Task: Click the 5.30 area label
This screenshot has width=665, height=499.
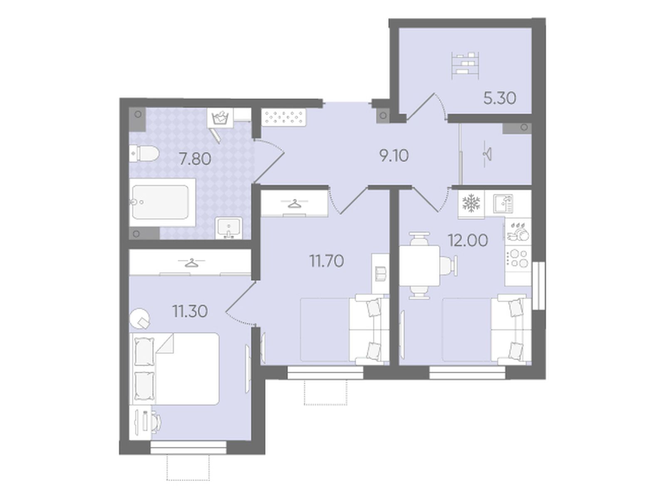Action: (499, 99)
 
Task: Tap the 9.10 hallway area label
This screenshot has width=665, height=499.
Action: (394, 156)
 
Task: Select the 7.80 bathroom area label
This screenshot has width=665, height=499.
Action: (195, 159)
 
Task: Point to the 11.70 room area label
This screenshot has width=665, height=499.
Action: (326, 261)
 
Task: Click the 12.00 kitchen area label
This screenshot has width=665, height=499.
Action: (468, 241)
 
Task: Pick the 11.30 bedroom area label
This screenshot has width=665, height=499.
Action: (190, 311)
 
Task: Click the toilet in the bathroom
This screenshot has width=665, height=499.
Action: (144, 154)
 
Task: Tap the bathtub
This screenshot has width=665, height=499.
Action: (162, 202)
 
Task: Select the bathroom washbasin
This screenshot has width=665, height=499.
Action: (228, 228)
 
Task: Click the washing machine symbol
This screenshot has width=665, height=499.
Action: (220, 118)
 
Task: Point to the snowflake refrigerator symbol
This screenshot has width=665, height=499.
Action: (471, 203)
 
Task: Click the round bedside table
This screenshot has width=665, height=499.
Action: (140, 318)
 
